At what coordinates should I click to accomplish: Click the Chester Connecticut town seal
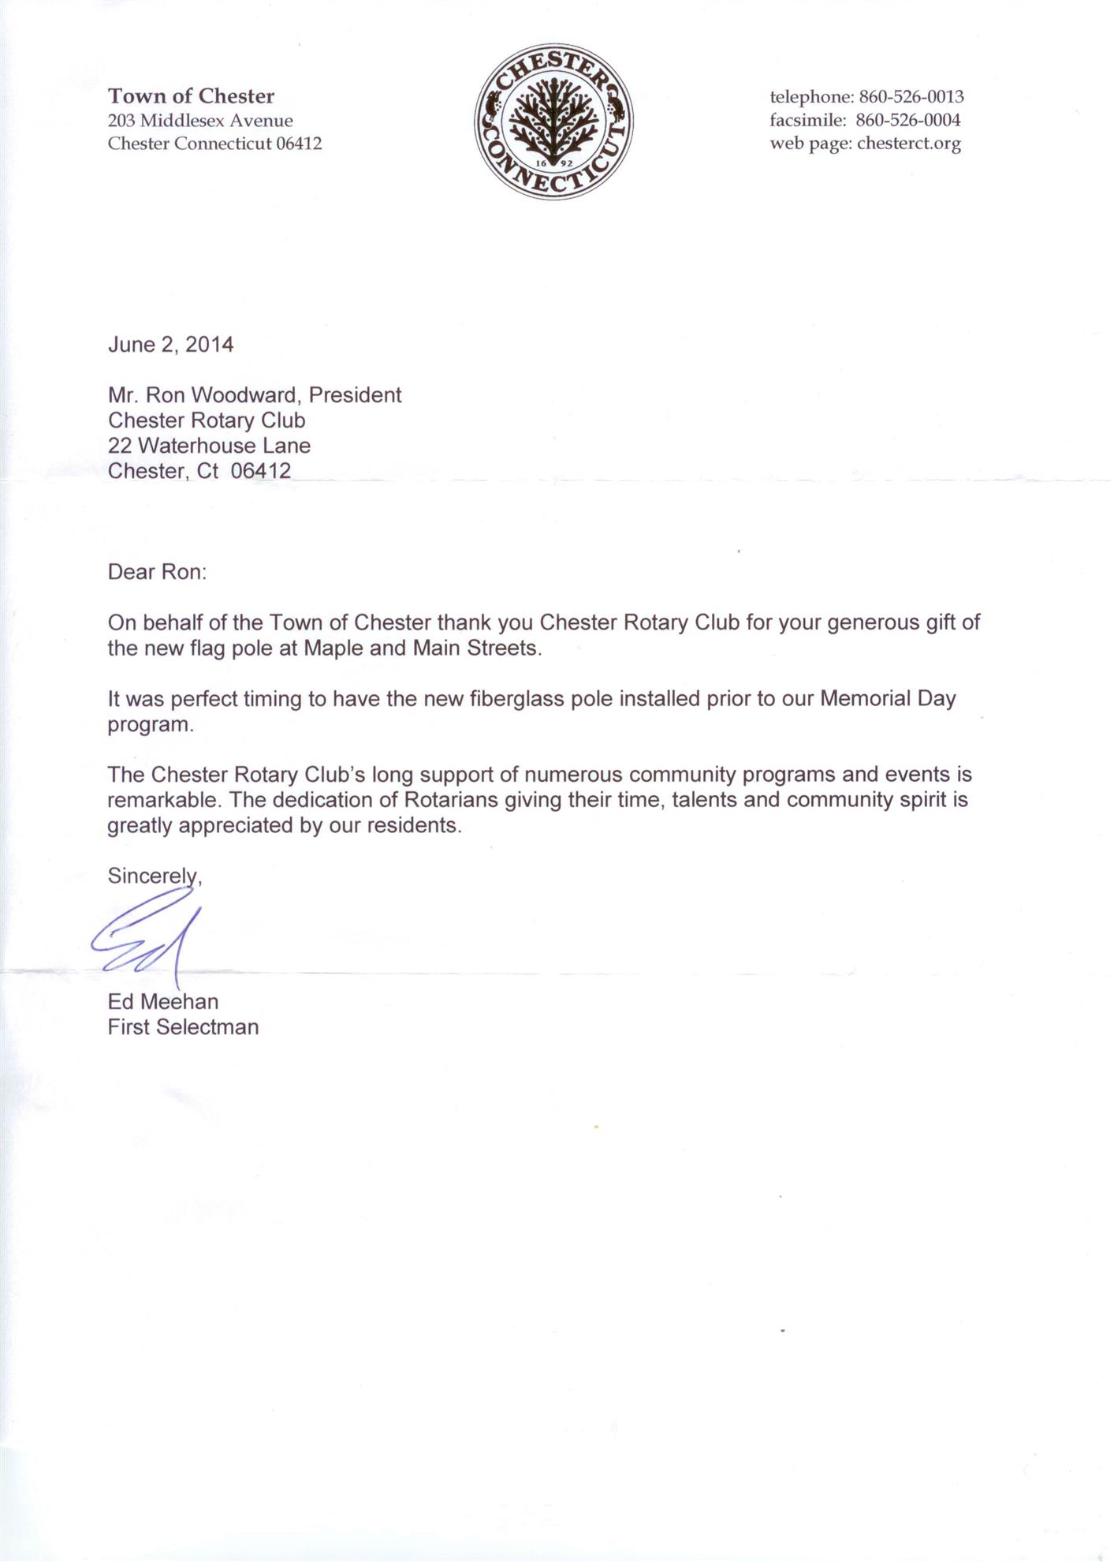coord(554,121)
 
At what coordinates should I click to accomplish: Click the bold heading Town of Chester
coord(191,96)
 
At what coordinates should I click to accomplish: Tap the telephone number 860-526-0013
coord(911,97)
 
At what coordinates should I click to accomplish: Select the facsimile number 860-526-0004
coord(907,121)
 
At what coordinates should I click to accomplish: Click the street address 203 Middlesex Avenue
coord(200,121)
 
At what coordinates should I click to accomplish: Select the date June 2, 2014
coord(170,345)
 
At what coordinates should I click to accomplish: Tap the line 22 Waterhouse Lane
coord(209,446)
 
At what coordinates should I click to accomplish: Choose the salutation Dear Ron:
coord(157,572)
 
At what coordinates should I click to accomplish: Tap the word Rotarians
coord(451,800)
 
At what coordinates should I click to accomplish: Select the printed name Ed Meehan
coord(163,1002)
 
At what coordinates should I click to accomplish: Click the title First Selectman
coord(183,1027)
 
